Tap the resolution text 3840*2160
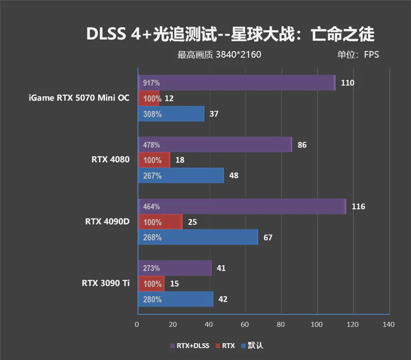pos(238,55)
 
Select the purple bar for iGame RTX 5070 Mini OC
pos(236,83)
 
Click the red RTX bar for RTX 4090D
pos(160,222)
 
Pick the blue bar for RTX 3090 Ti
pos(175,299)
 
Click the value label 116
pos(358,207)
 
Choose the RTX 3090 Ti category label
pos(105,283)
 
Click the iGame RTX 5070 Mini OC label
pos(79,98)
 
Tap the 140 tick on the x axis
pos(388,325)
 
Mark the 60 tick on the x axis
pos(245,325)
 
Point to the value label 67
pos(267,238)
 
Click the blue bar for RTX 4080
pos(180,176)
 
